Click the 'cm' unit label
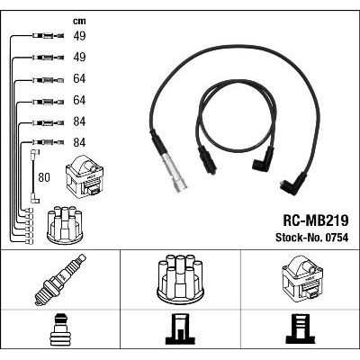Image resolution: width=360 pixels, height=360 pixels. coord(79,22)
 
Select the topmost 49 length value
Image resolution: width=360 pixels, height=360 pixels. coord(79,36)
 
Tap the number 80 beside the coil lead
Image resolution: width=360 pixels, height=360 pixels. coord(44,177)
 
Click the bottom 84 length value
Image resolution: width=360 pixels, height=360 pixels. coord(79,142)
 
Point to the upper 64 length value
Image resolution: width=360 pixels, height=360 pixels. coord(79,78)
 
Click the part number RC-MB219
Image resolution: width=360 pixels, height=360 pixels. coord(316,220)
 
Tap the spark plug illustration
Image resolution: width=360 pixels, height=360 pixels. coord(60,279)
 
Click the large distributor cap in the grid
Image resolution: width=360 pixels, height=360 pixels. coord(180,277)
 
